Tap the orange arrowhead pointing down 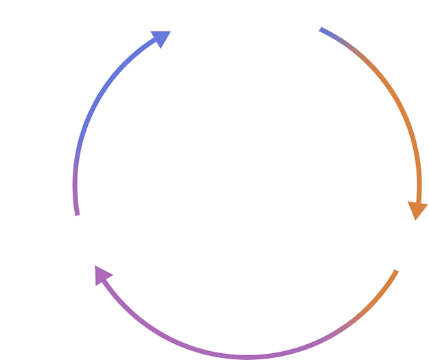click(x=416, y=209)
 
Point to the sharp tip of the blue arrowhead click(x=170, y=32)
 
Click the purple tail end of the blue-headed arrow click(x=77, y=215)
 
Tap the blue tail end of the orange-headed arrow click(x=321, y=29)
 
